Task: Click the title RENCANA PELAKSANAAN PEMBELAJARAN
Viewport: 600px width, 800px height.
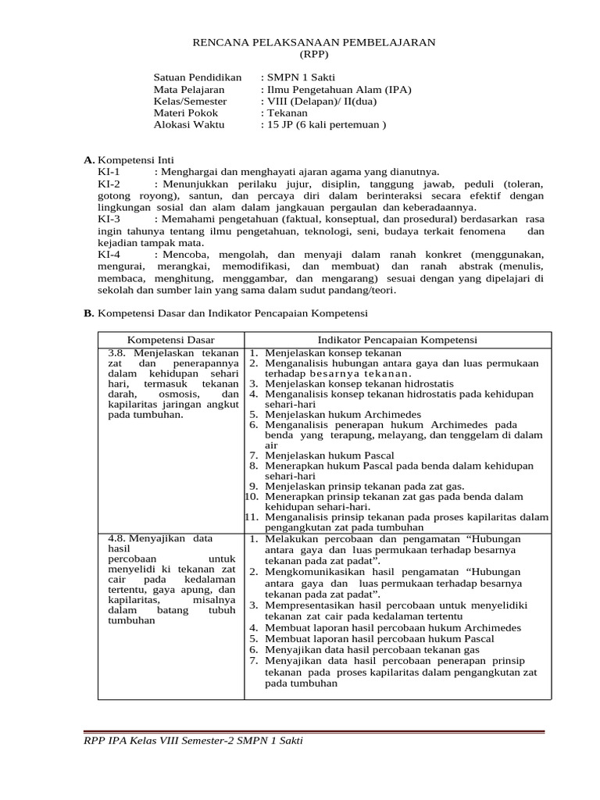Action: [x=314, y=41]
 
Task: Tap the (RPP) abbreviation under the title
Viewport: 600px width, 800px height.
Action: [x=314, y=54]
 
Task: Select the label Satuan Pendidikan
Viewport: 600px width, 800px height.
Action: [x=197, y=78]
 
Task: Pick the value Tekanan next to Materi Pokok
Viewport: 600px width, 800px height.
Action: [x=287, y=112]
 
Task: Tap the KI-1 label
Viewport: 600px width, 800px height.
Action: [x=109, y=172]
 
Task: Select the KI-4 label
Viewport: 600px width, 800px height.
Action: [x=109, y=255]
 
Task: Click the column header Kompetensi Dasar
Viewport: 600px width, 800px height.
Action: [x=171, y=340]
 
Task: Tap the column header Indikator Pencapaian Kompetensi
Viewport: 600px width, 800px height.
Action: [x=398, y=340]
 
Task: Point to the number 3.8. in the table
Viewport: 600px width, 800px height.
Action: [x=120, y=352]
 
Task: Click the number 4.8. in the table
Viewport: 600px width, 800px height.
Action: [x=120, y=539]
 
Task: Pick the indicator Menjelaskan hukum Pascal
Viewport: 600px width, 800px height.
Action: [x=329, y=455]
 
